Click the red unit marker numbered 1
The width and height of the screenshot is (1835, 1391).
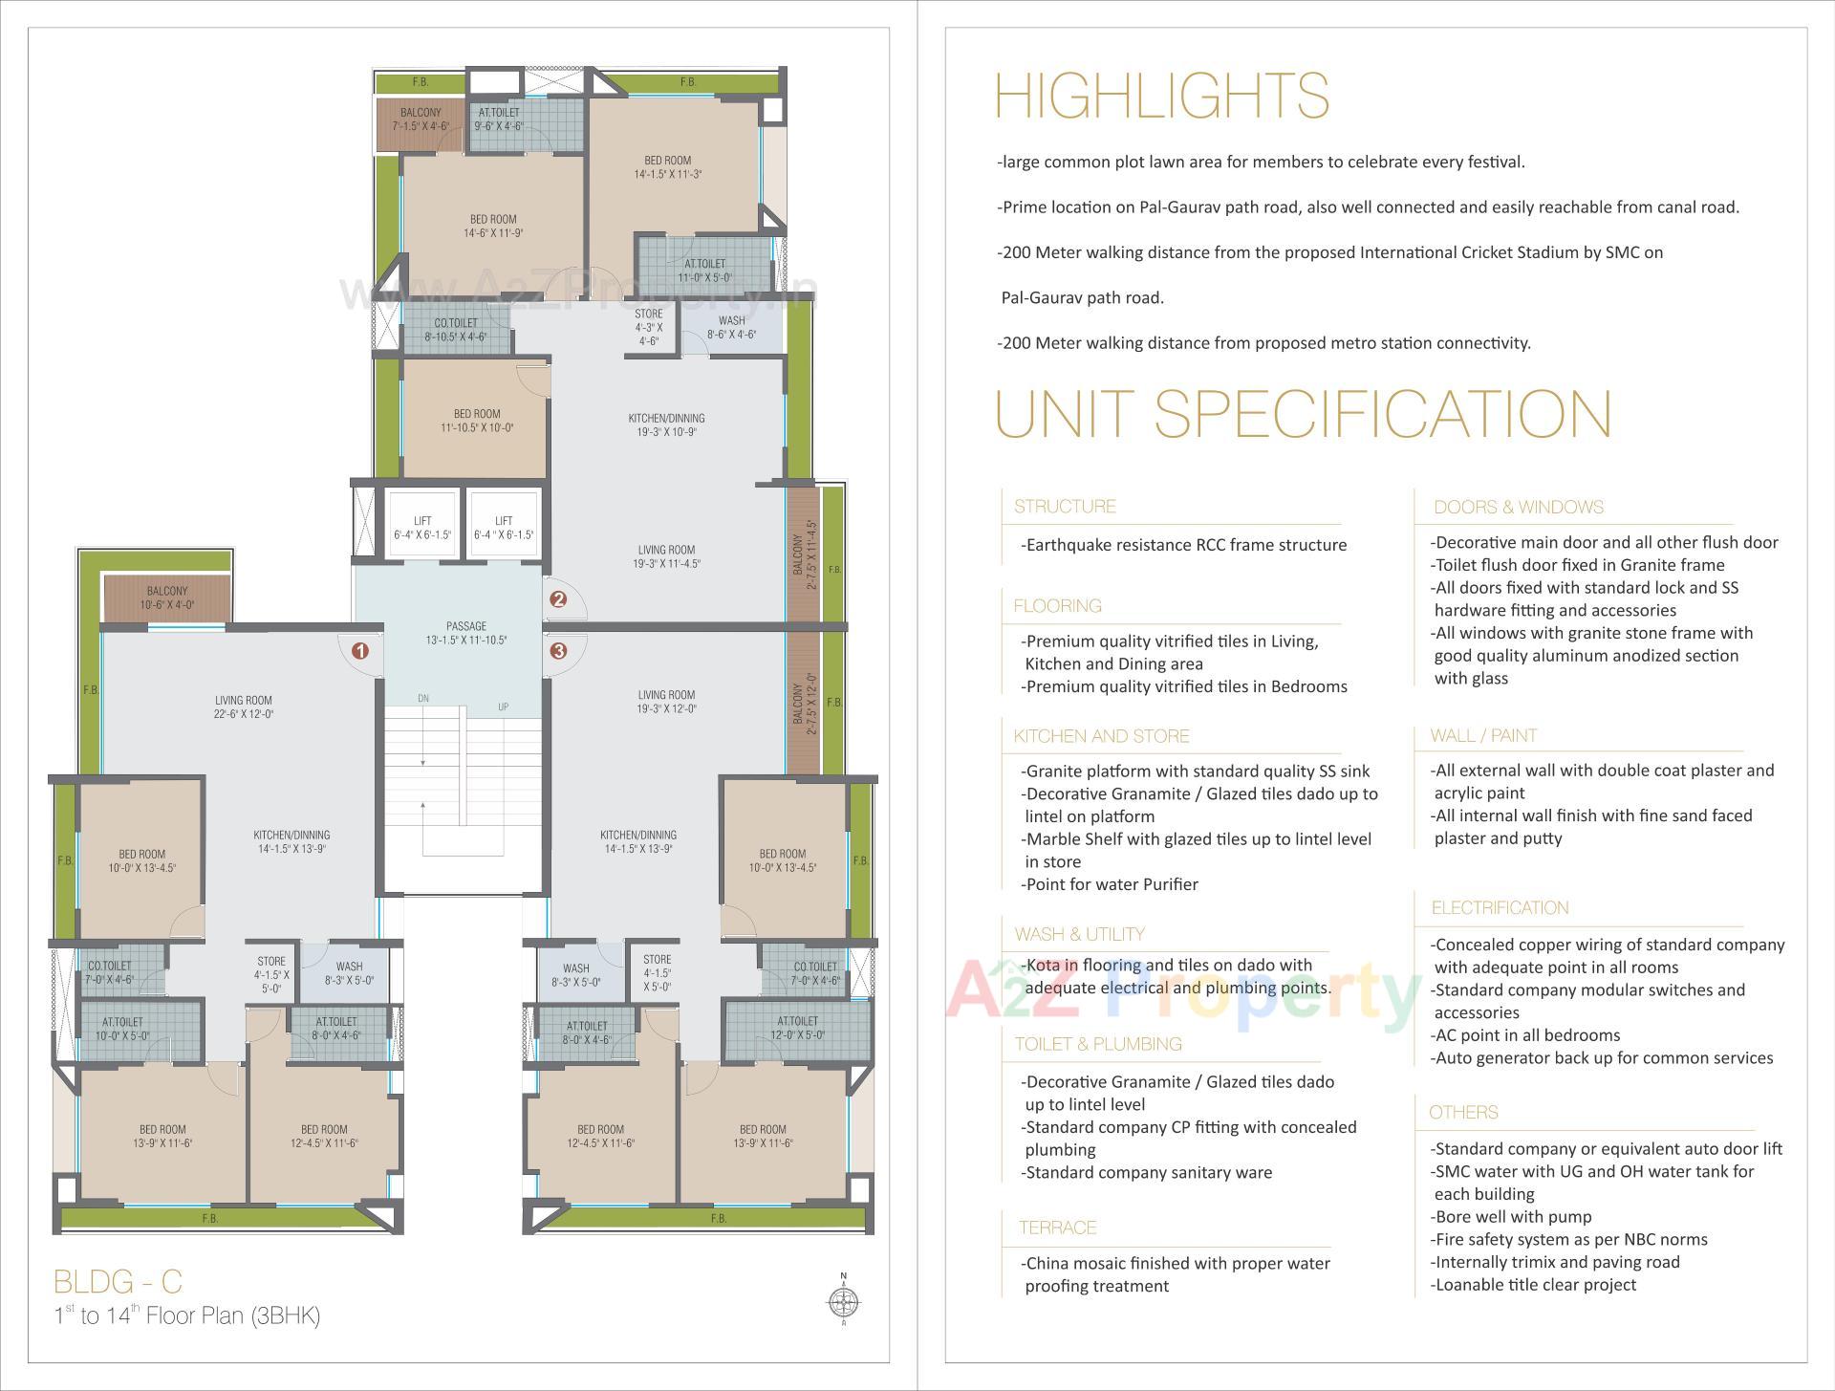tap(360, 651)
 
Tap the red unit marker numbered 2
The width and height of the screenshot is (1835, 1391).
tap(558, 599)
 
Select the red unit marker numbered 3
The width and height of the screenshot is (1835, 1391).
tap(558, 651)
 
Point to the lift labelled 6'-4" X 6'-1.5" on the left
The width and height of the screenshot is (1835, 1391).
tap(422, 528)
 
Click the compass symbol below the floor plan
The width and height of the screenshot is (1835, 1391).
tap(843, 1300)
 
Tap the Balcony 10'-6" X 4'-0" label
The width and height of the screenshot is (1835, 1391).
tap(167, 598)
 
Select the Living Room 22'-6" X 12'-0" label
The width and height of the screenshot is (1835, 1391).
tap(244, 706)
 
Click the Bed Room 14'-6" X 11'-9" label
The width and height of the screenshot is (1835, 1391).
tap(493, 226)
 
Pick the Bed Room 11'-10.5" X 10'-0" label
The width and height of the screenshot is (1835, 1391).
tap(477, 421)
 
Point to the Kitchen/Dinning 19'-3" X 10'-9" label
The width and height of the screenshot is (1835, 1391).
tap(666, 424)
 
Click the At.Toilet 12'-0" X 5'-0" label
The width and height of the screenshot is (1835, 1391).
tap(797, 1028)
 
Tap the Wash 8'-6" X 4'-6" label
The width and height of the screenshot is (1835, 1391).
tap(731, 328)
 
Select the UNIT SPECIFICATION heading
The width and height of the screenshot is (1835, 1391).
tap(1304, 413)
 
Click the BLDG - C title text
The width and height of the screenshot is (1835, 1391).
tap(118, 1281)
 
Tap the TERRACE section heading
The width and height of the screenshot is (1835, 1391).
tap(1057, 1228)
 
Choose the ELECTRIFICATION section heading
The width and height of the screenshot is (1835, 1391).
tap(1500, 908)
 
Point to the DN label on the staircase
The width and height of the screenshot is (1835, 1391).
tap(423, 699)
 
